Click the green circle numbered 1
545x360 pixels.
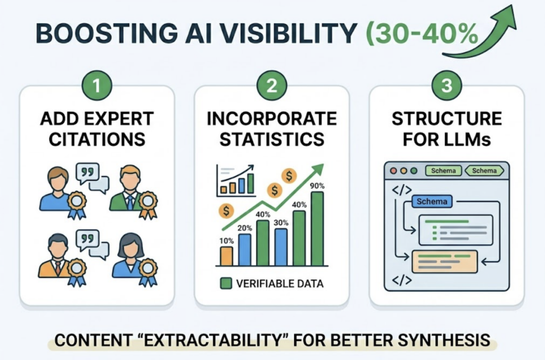(x=97, y=86)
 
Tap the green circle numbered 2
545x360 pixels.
(x=271, y=86)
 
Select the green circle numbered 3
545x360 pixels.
(x=447, y=86)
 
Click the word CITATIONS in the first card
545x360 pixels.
(x=97, y=139)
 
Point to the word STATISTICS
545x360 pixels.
(x=271, y=139)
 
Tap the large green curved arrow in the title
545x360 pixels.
(x=482, y=32)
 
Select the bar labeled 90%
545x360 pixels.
(x=317, y=229)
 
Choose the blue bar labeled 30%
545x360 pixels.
(x=281, y=247)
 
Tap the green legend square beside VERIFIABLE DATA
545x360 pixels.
(x=226, y=283)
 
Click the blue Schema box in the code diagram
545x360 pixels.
(x=432, y=202)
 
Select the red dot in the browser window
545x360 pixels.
(x=394, y=171)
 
